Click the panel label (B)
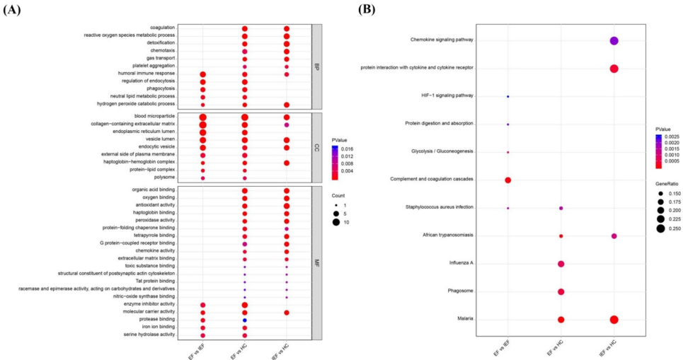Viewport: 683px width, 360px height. [366, 8]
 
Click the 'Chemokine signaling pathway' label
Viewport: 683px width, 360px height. [441, 40]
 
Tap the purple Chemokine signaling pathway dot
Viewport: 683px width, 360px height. [614, 41]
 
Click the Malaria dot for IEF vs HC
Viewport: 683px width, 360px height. [614, 319]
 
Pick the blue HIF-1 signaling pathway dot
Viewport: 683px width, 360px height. [507, 96]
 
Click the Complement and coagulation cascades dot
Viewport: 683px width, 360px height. [507, 180]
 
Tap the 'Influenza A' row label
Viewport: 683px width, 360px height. [461, 263]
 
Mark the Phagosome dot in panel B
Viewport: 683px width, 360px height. [561, 291]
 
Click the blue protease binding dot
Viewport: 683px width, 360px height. [244, 320]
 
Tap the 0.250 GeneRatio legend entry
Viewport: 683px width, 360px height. [670, 229]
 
